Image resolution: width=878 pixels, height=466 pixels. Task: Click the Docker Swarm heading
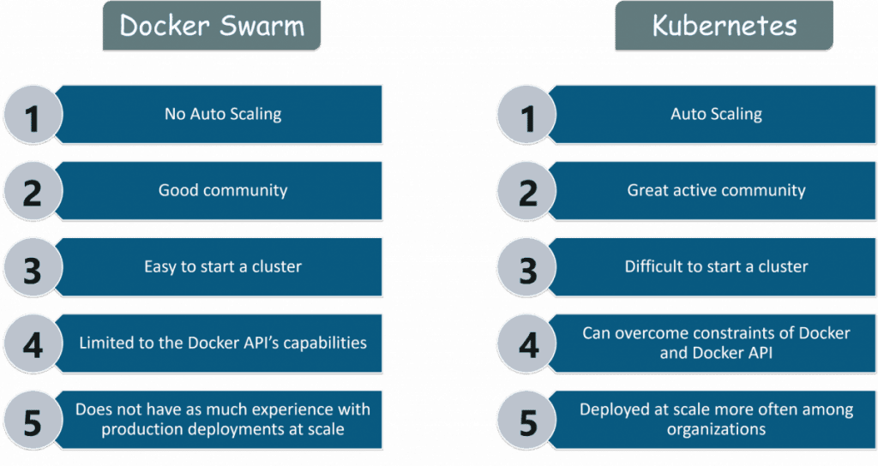click(212, 26)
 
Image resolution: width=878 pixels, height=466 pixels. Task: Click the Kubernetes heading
click(724, 26)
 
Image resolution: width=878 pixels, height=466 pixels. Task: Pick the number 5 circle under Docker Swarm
click(33, 421)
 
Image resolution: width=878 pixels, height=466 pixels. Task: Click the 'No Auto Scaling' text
click(222, 114)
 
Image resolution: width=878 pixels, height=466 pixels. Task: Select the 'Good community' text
click(222, 190)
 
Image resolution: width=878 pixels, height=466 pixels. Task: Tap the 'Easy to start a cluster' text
click(222, 266)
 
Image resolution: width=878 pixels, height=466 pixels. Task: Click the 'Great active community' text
click(716, 190)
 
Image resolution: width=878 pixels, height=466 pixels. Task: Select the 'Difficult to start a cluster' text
click(716, 266)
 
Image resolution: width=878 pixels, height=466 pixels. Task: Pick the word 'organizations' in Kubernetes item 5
click(716, 428)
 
